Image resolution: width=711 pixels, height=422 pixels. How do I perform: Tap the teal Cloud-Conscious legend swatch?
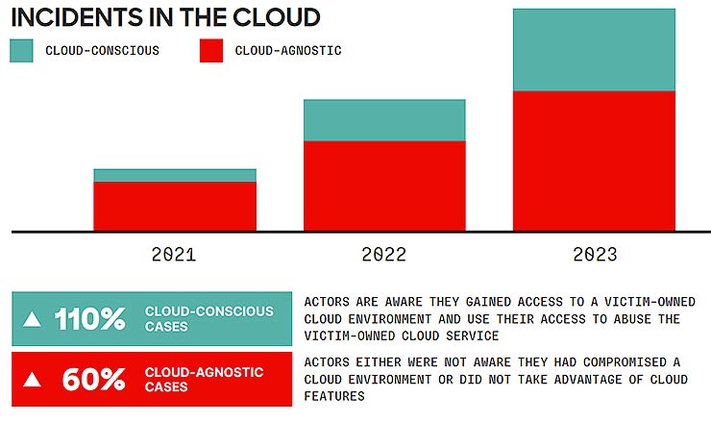tap(21, 51)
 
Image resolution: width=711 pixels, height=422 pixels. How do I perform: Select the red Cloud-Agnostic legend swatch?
tap(210, 51)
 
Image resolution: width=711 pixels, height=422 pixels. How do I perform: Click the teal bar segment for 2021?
tap(175, 175)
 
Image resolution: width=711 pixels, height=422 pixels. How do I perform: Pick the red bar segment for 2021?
tap(175, 206)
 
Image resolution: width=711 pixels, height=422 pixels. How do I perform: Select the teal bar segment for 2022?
tap(384, 120)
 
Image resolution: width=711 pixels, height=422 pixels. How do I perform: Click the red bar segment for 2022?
tap(384, 186)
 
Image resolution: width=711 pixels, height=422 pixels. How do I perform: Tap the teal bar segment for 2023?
tap(594, 50)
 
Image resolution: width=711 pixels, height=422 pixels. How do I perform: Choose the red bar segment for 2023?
tap(594, 161)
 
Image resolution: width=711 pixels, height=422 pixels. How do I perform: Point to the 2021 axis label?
tap(174, 255)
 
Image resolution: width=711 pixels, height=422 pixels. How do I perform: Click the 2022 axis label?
tap(384, 255)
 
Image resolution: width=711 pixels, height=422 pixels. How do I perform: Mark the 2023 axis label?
tap(595, 255)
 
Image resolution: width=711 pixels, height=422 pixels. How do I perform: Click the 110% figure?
tap(89, 319)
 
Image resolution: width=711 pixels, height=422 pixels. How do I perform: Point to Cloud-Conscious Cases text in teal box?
tap(208, 319)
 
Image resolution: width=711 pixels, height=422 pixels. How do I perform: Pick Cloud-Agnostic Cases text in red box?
tap(204, 379)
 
